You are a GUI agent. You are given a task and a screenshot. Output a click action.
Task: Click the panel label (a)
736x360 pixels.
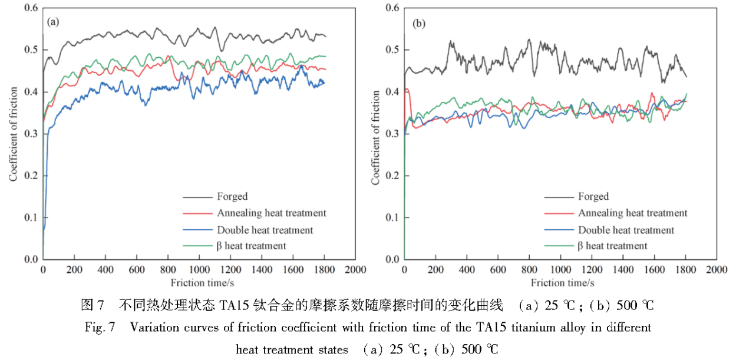[53, 22]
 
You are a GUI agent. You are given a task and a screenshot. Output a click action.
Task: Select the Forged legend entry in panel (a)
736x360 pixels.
[232, 196]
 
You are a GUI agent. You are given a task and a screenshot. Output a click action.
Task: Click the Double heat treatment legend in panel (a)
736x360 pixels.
[265, 230]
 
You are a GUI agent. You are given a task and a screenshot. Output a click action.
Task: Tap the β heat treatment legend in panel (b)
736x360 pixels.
[613, 246]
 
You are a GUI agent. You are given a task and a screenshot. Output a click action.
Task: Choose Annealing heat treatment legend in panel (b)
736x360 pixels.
[632, 213]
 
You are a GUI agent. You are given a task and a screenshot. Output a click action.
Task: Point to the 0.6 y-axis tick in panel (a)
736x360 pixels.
[31, 8]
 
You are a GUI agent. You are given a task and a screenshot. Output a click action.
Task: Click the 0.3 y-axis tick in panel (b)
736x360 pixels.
[392, 134]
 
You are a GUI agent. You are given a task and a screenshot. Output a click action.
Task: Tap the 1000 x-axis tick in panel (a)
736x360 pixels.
[199, 270]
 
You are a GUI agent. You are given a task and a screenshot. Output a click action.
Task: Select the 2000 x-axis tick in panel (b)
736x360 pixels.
[716, 270]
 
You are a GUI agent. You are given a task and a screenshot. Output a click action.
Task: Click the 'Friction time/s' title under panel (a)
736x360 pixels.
[199, 283]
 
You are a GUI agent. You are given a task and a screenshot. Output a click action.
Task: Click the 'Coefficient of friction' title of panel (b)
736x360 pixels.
[375, 134]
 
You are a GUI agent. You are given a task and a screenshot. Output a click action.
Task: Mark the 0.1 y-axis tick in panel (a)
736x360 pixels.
[31, 217]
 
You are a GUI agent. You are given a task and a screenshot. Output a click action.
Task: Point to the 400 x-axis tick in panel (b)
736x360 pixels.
[466, 270]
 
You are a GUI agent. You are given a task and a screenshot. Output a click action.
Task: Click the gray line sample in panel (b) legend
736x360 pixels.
[557, 197]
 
